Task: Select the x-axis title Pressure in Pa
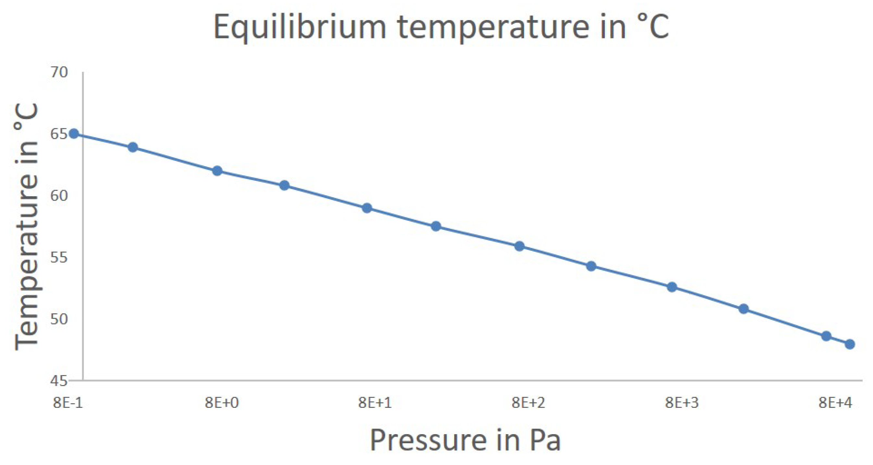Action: click(x=465, y=440)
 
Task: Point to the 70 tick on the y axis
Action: click(x=59, y=72)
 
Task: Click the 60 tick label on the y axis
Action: click(x=59, y=195)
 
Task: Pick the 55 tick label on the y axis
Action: click(x=59, y=258)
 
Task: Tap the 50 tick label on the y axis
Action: click(x=59, y=319)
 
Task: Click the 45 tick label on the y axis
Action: click(x=59, y=381)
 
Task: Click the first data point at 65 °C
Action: click(x=74, y=134)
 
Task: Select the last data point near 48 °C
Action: click(x=850, y=344)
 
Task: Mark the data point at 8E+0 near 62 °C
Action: click(x=217, y=171)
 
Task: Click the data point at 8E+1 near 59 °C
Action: click(x=367, y=208)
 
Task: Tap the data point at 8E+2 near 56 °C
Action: click(x=519, y=246)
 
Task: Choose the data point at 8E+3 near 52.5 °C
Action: click(x=672, y=287)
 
